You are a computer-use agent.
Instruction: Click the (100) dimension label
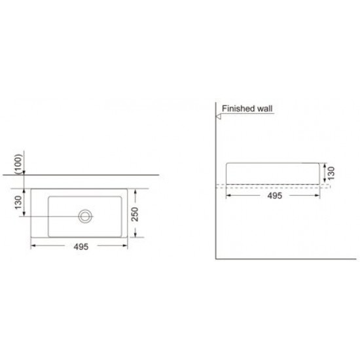point(17,162)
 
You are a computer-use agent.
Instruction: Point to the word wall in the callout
point(263,109)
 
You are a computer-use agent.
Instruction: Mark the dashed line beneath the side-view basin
point(275,186)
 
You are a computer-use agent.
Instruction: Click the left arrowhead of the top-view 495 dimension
point(35,246)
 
